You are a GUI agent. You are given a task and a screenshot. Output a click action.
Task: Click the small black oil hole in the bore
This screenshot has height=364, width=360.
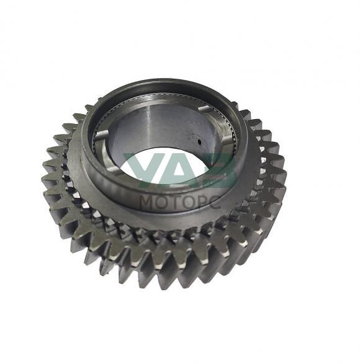(x=199, y=141)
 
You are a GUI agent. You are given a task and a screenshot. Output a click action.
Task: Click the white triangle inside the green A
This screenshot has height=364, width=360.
(x=179, y=173)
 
